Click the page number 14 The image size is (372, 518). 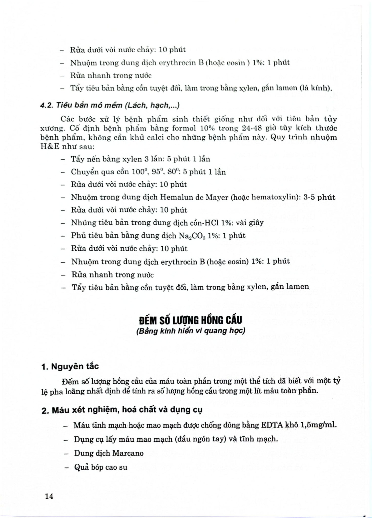pos(49,496)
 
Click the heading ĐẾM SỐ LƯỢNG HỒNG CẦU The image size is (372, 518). pos(191,320)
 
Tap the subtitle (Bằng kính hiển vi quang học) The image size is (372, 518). pos(191,331)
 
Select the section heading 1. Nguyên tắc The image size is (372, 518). pos(70,366)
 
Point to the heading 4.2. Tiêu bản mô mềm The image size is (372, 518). pos(110,105)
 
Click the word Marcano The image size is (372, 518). pos(128,453)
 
